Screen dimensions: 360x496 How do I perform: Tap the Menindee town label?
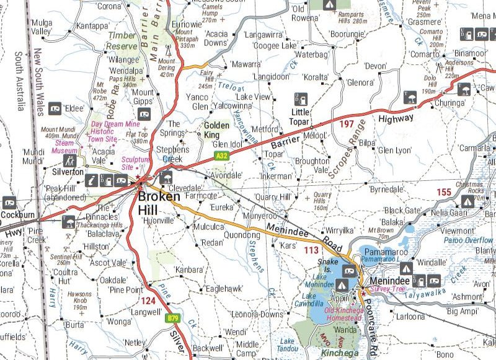[x=387, y=281]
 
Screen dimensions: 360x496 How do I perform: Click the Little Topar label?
[x=301, y=116]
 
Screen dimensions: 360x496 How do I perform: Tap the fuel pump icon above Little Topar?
[x=301, y=99]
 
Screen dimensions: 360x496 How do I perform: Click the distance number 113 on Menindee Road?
[x=311, y=250]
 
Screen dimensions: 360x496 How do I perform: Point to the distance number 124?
[x=149, y=301]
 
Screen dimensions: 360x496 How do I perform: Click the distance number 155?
[x=444, y=192]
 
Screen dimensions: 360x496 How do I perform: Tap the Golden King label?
[x=217, y=130]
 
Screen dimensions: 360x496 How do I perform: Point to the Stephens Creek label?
[x=173, y=154]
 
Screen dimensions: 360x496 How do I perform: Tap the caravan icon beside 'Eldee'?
[x=55, y=107]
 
